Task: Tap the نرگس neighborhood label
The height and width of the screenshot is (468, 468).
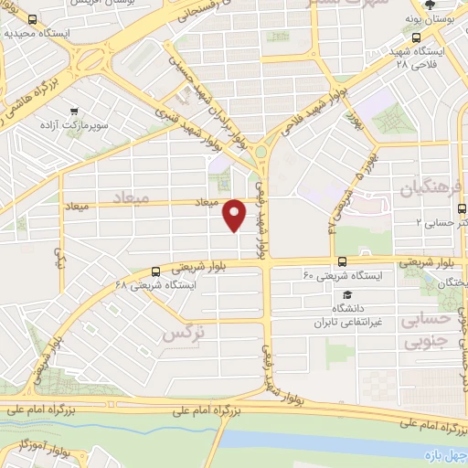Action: coord(181,335)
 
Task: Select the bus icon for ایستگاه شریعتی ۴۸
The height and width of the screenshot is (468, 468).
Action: coord(156,271)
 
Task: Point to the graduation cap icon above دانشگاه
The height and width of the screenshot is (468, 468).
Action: coord(346,294)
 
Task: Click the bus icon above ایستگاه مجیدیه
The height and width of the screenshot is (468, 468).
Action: coord(32,19)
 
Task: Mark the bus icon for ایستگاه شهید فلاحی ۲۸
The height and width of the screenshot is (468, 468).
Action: coord(418,37)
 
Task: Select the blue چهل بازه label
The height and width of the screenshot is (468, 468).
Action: coord(444,455)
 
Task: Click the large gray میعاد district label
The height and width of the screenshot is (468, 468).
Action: coord(130,197)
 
